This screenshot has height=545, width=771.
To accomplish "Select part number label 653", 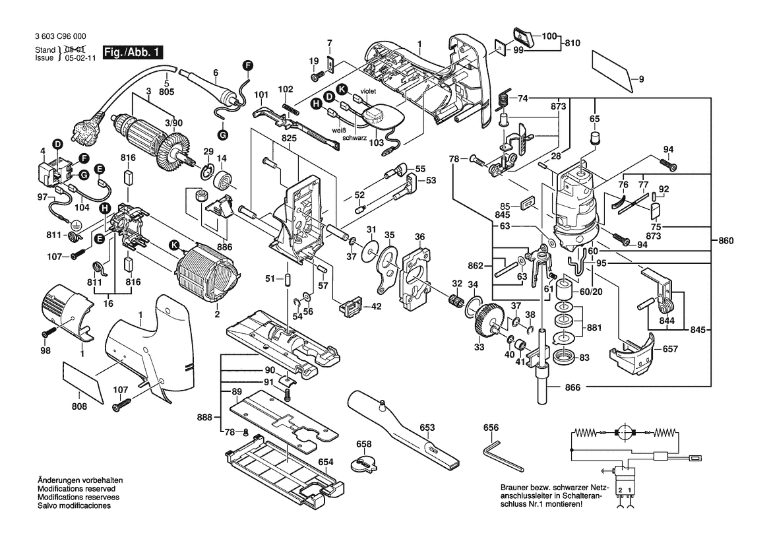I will pos(427,427).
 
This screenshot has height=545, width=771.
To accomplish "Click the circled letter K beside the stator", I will pos(174,245).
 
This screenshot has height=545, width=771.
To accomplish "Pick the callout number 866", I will pos(572,388).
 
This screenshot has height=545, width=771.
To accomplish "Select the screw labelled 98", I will pos(50,335).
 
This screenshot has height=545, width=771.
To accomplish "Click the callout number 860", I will pos(725,240).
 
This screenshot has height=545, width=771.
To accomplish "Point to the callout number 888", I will pos(205,418).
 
